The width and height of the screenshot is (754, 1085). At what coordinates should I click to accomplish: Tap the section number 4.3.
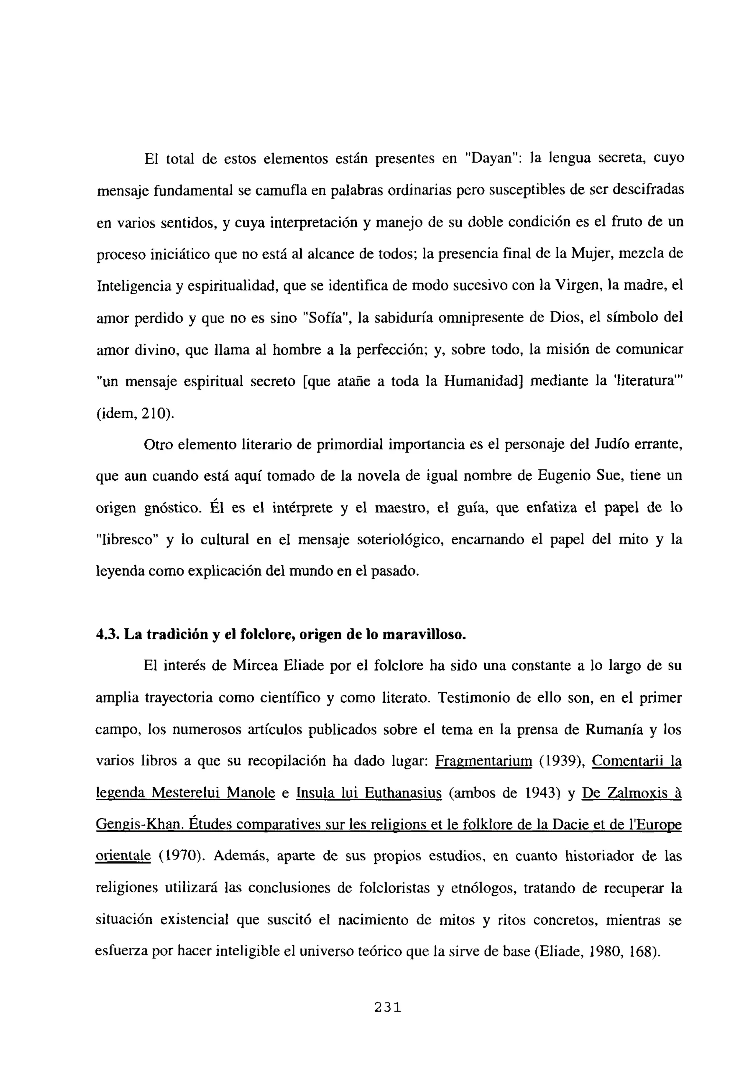pyautogui.click(x=108, y=634)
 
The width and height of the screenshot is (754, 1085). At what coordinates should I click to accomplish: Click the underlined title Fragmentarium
pyautogui.click(x=483, y=761)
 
